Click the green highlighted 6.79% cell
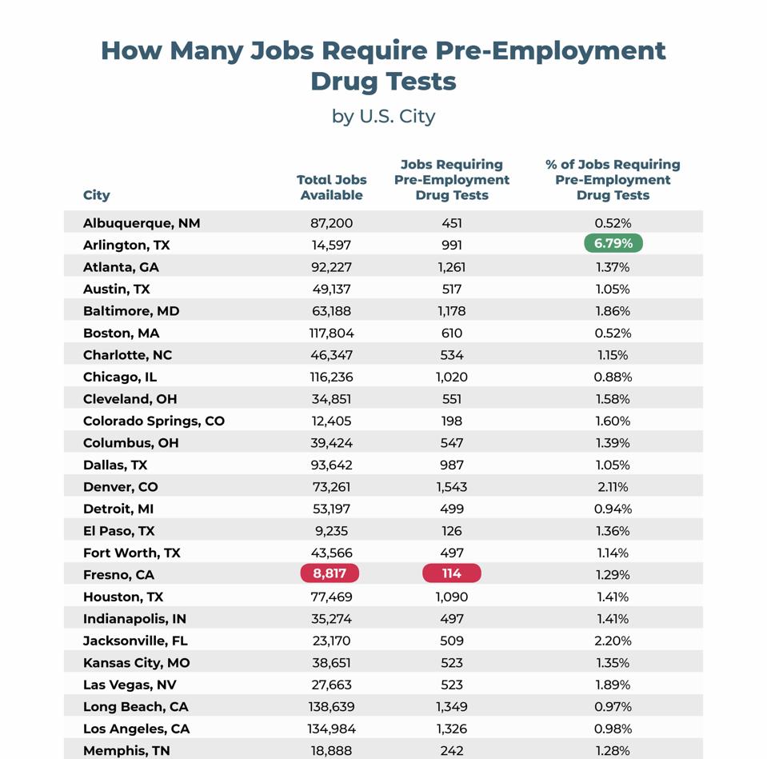[x=613, y=244]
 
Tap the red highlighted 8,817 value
[x=330, y=573]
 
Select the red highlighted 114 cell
[x=451, y=573]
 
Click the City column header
[x=97, y=195]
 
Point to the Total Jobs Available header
[x=331, y=188]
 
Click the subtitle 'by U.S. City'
[x=383, y=116]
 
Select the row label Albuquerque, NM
[x=142, y=223]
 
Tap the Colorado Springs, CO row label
[x=154, y=421]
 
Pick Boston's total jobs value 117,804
[x=331, y=333]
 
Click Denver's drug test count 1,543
[x=451, y=486]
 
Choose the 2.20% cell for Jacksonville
[x=613, y=641]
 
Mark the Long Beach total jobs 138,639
[x=331, y=706]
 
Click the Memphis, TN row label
[x=126, y=750]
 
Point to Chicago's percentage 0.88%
[x=613, y=377]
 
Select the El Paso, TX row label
[x=119, y=530]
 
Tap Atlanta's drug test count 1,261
[x=451, y=267]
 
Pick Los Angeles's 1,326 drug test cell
[x=451, y=729]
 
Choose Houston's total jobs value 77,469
[x=331, y=597]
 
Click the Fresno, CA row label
[x=118, y=574]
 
